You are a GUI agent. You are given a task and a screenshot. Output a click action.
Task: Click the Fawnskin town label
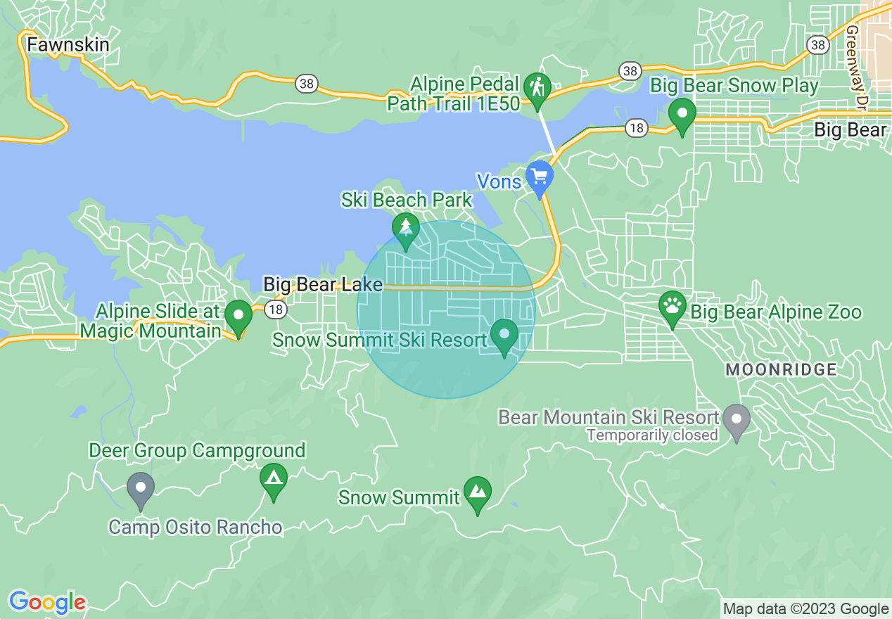tap(68, 45)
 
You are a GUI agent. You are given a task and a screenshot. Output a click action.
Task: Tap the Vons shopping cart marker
tap(540, 176)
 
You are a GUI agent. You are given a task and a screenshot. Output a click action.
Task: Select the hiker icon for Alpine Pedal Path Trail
tap(538, 89)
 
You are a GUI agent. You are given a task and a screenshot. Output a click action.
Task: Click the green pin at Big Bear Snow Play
tap(682, 114)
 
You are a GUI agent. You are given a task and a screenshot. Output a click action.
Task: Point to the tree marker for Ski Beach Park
tap(406, 229)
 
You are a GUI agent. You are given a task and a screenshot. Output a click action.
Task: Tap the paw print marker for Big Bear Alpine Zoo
tap(673, 307)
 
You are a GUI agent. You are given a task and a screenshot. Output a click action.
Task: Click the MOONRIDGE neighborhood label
tap(781, 369)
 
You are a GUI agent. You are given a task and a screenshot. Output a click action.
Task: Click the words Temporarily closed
tap(651, 435)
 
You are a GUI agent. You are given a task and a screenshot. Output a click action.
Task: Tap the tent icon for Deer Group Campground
tap(274, 480)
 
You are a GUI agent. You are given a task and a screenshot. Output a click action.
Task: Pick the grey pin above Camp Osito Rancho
tap(141, 488)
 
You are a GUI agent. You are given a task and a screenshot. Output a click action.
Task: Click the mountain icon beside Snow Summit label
tap(478, 492)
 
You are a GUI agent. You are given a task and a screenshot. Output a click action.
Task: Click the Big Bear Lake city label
tap(323, 285)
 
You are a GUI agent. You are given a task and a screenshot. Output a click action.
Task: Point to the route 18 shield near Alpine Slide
tap(276, 308)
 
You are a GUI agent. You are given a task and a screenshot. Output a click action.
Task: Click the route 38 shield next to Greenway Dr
tap(817, 46)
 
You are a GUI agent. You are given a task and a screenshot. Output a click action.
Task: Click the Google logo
tap(47, 602)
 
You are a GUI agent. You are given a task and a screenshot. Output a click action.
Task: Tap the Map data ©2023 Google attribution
tap(806, 609)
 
